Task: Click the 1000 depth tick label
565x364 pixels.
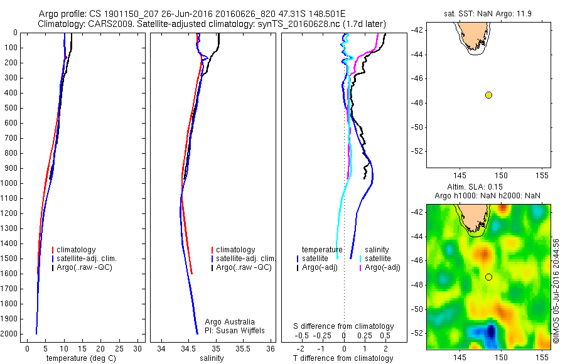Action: (x=10, y=183)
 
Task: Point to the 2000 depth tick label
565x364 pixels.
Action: (x=10, y=334)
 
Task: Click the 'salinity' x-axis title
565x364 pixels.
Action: (x=212, y=358)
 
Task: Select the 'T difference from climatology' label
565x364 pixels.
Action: (x=343, y=358)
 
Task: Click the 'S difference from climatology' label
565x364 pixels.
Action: (x=344, y=326)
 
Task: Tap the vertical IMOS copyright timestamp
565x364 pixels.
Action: (x=557, y=292)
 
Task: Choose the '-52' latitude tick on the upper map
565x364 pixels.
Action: (x=416, y=152)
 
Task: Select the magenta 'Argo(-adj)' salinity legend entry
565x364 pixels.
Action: (x=382, y=268)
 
